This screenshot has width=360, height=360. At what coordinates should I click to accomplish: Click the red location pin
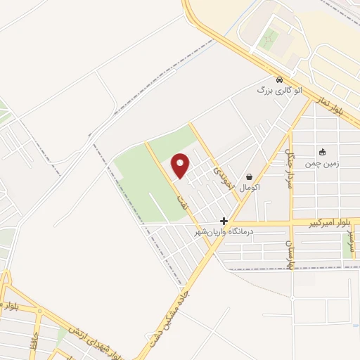(181, 166)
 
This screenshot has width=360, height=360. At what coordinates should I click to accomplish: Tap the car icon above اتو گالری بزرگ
(280, 79)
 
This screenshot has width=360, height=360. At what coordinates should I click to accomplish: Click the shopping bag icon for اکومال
(249, 177)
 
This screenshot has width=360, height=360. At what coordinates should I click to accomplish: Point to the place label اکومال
(250, 188)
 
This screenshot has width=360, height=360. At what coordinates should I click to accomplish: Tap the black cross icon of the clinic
(224, 221)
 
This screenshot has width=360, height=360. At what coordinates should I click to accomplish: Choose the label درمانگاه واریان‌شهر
(224, 231)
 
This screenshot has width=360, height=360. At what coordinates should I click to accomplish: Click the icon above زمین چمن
(322, 152)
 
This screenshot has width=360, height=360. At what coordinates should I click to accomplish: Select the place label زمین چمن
(321, 163)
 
